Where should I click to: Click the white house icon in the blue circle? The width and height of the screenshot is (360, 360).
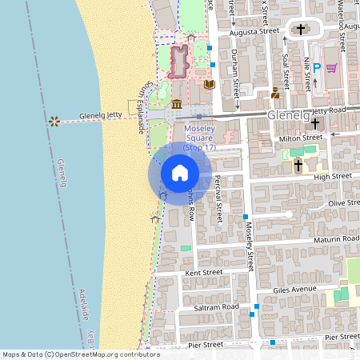tap(180, 172)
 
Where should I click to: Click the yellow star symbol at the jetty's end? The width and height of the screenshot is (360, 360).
tap(54, 122)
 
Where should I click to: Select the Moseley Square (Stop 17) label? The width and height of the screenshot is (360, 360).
tap(200, 138)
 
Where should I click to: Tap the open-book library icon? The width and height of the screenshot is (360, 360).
tap(210, 84)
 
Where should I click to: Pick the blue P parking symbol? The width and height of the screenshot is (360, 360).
tap(316, 69)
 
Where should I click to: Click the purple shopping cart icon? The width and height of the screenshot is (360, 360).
tap(331, 68)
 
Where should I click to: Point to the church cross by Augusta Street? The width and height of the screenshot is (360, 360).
tap(302, 30)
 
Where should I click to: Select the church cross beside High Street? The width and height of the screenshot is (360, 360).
tap(298, 166)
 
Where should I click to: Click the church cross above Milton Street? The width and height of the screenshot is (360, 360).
tap(315, 124)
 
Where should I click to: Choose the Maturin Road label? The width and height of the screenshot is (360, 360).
tap(336, 239)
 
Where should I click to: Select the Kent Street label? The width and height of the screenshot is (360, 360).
tap(203, 273)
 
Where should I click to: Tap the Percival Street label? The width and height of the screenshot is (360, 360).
tap(218, 201)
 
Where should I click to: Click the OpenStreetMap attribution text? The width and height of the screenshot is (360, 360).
tap(70, 354)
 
